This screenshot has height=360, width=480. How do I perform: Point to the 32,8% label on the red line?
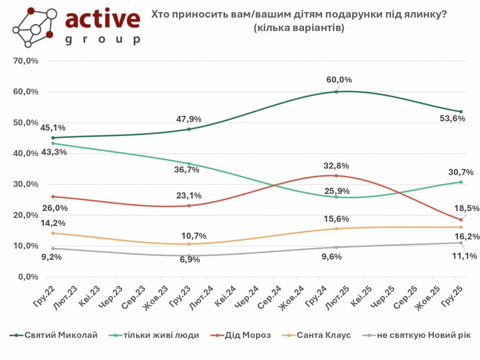click(336, 165)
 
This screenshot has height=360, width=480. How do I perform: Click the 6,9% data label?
click(190, 259)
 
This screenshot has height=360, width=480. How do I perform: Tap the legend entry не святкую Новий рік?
click(425, 335)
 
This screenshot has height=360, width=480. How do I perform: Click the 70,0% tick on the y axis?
click(28, 61)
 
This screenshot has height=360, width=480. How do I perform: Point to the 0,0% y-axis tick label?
click(30, 277)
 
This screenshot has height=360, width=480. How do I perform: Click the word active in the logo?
click(103, 19)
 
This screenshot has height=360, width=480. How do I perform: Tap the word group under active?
click(103, 40)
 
